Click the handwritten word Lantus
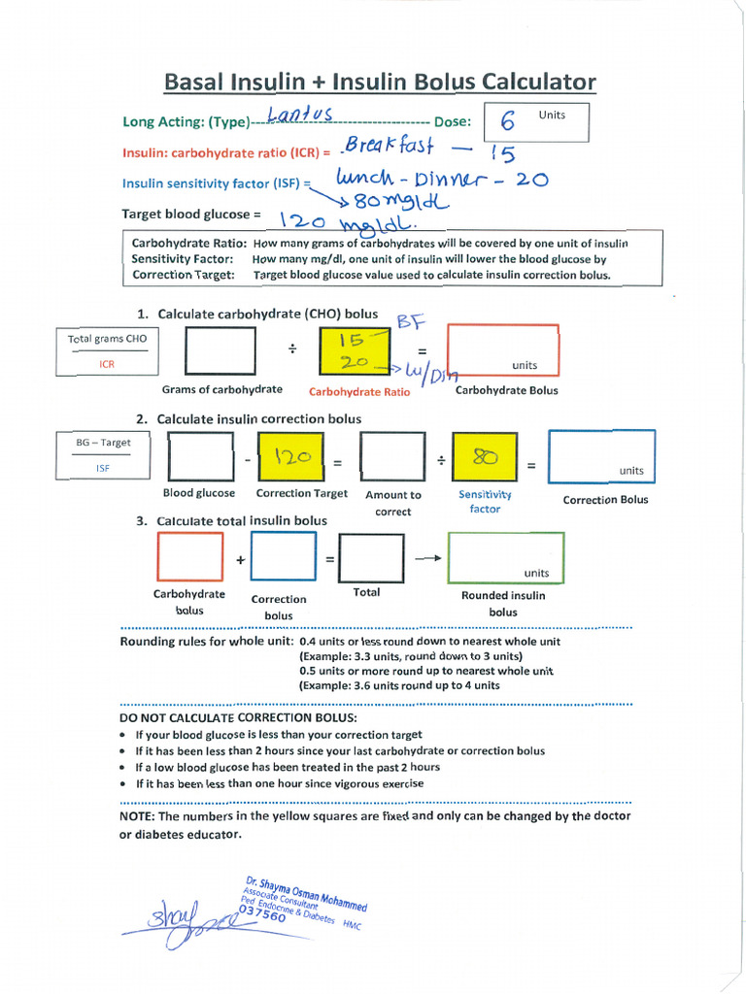point(300,116)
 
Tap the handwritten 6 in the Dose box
point(508,123)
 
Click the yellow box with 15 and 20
point(354,350)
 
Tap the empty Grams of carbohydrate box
point(220,350)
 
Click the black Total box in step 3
point(371,557)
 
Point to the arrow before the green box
point(425,557)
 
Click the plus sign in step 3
point(239,560)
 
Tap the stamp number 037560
point(262,914)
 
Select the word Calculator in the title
point(537,83)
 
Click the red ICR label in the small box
point(107,364)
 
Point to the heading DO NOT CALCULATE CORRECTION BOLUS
point(238,717)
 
